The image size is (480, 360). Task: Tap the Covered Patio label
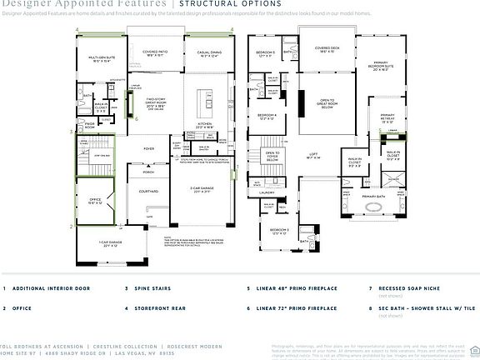[156, 52]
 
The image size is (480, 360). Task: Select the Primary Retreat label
[387, 117]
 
